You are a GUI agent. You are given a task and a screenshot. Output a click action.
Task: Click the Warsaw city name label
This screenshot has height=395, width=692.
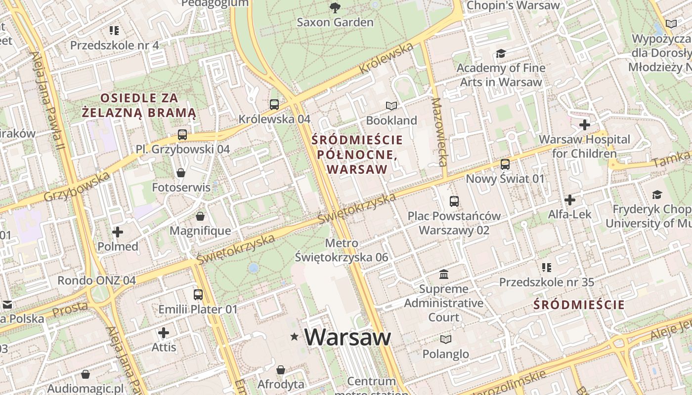coord(347,337)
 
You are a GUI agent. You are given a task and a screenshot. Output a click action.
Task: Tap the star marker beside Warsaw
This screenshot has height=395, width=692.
coord(295,337)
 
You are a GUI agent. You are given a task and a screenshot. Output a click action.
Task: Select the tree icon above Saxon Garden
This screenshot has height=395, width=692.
coord(335,7)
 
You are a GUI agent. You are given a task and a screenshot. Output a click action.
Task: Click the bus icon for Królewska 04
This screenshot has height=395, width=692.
coord(274,104)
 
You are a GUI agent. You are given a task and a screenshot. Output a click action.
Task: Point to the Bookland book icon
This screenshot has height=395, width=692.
coord(391,106)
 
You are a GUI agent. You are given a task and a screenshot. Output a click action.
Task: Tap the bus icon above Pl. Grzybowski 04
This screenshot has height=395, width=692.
coord(182,134)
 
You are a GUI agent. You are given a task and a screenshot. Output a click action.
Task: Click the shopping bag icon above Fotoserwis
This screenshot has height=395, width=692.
coord(181,173)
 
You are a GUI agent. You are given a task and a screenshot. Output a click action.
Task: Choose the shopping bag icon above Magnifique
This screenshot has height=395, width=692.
coord(200,216)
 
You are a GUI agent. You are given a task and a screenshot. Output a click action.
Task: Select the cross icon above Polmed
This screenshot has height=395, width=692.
coord(118,232)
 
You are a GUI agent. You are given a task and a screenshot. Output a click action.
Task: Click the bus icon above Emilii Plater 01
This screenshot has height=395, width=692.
coord(198,294)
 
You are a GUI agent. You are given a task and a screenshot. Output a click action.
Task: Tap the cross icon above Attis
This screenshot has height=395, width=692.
coord(164,333)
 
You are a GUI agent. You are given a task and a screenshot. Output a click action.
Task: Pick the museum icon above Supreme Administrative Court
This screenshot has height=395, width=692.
coord(444,274)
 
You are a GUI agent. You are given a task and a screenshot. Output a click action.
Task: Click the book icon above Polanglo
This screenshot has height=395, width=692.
coord(446,339)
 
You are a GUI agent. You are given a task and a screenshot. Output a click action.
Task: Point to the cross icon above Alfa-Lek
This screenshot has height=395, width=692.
coord(570,200)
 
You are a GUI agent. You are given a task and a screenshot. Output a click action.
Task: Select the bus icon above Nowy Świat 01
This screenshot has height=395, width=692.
coord(505,164)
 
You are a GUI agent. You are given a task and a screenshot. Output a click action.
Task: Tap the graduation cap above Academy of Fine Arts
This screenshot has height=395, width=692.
coord(501,53)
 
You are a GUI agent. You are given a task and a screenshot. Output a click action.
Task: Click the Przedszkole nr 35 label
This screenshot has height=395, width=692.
coord(546,282)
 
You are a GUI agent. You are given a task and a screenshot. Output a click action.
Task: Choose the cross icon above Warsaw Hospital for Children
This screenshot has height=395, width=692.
coord(585,124)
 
